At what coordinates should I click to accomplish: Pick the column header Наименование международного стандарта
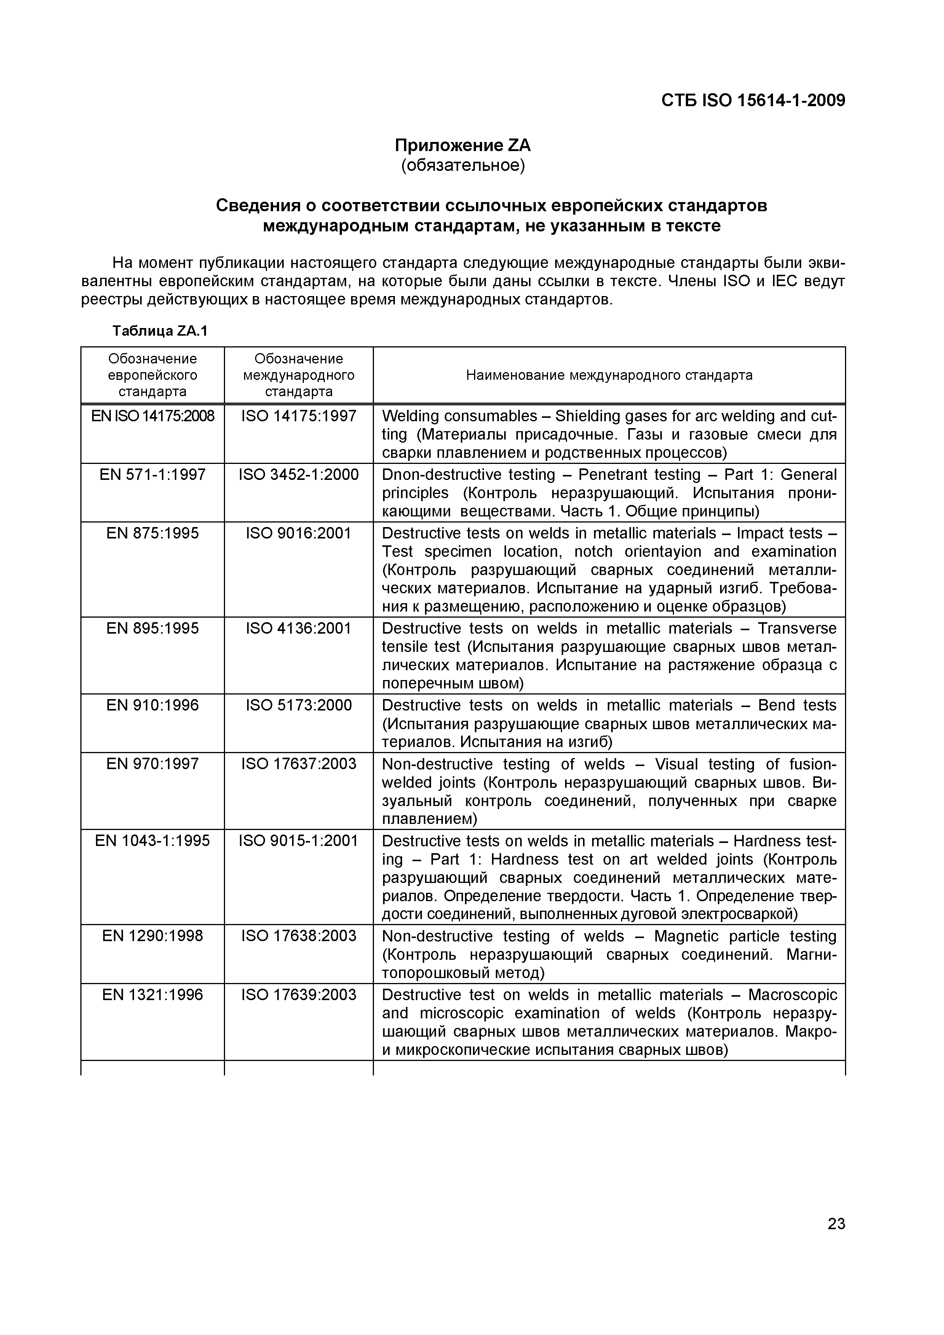click(609, 375)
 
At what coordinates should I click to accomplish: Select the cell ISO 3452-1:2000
click(299, 475)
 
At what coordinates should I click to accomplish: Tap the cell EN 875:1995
click(152, 533)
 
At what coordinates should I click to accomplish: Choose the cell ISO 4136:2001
click(299, 629)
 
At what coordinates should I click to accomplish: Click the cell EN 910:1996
click(152, 705)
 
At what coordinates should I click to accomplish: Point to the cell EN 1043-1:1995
click(152, 841)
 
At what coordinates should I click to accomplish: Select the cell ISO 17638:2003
click(299, 936)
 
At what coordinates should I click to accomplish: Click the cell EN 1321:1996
click(152, 995)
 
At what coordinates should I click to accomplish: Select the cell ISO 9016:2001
click(299, 533)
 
